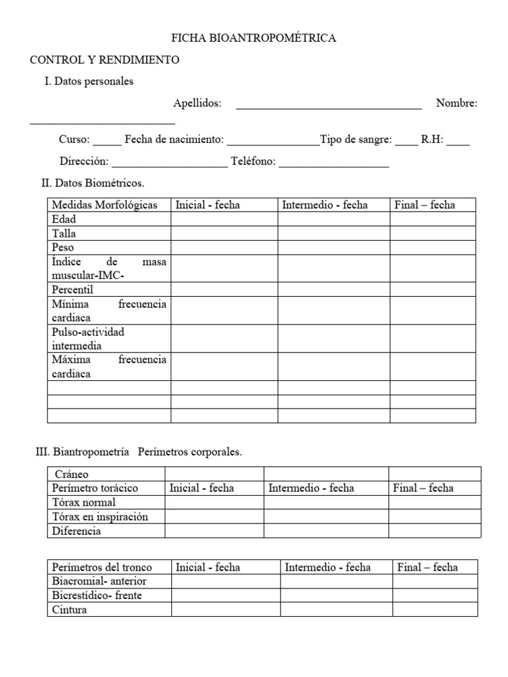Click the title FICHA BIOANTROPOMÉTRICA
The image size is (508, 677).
pos(253,38)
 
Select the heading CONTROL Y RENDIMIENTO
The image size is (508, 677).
pos(105,60)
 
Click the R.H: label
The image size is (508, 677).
pos(433,140)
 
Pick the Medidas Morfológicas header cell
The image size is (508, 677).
pos(105,205)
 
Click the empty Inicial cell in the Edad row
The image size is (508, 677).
pos(224,219)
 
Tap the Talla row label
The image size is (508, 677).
pos(63,233)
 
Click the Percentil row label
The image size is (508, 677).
pos(73,290)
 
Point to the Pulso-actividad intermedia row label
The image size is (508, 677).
pos(87,338)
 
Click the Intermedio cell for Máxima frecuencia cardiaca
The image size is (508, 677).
pos(333,366)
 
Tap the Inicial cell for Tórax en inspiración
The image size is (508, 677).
pos(214,516)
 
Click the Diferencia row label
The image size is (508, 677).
pos(76,531)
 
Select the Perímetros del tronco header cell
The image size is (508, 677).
pos(102,567)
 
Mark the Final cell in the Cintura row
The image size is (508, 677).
pos(435,610)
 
